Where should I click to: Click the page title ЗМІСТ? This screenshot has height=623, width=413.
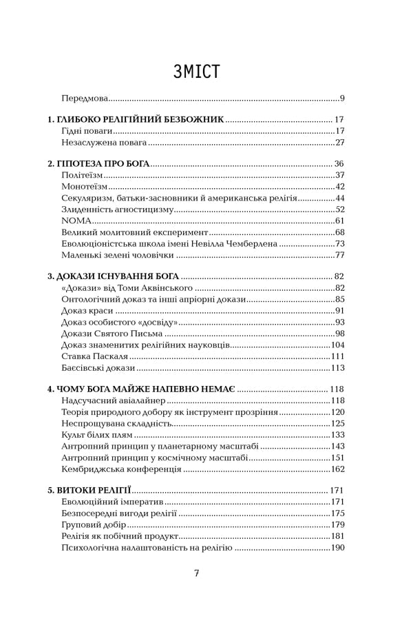tap(196, 72)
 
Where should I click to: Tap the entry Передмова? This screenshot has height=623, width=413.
tap(85, 98)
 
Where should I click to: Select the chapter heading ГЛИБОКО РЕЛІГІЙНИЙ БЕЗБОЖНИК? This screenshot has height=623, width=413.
tap(136, 119)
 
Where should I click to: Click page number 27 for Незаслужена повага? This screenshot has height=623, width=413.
tap(339, 143)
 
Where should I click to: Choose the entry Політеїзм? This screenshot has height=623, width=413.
tap(82, 175)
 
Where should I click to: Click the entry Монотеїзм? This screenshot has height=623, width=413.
tap(84, 187)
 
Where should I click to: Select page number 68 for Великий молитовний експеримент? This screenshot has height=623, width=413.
tap(339, 232)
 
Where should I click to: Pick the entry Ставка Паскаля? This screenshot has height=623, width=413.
tap(94, 356)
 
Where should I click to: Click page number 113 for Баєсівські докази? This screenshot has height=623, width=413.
tap(337, 367)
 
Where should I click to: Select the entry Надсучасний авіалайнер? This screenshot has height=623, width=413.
tap(114, 400)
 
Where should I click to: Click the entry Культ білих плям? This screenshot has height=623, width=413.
tap(96, 435)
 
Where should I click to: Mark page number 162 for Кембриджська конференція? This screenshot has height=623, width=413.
tap(337, 469)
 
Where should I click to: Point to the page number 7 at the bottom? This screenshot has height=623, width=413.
tap(196, 573)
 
